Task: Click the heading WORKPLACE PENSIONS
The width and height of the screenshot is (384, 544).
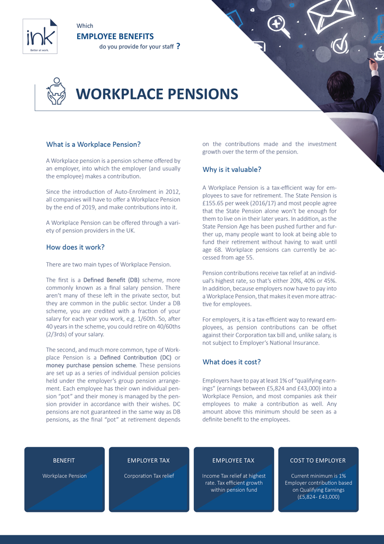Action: [x=156, y=94]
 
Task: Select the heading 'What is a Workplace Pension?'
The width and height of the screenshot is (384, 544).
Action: [x=93, y=145]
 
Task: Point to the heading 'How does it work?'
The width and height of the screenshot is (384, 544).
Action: [x=75, y=247]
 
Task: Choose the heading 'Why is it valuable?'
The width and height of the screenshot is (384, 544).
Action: [x=232, y=170]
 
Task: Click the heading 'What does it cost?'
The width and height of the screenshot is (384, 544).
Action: [x=231, y=362]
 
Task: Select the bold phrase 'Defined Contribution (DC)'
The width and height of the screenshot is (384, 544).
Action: [x=141, y=357]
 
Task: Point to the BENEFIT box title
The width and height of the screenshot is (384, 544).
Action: [x=64, y=460]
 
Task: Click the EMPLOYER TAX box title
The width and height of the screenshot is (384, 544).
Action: [x=149, y=460]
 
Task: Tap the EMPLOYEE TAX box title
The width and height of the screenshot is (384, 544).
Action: [x=234, y=460]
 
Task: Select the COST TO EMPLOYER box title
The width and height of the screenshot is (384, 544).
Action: [x=318, y=460]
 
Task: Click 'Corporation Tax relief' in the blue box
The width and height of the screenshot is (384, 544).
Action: [x=149, y=476]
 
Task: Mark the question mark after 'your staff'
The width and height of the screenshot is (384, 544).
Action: [x=178, y=47]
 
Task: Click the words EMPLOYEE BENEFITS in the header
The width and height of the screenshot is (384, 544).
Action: [x=115, y=36]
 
